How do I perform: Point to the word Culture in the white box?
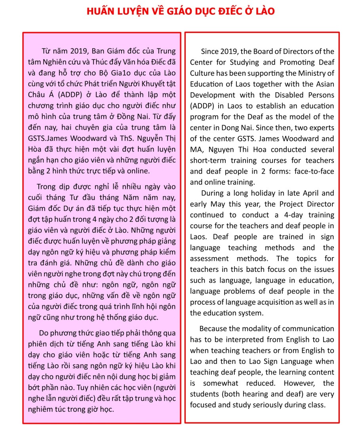pos(203,73)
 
